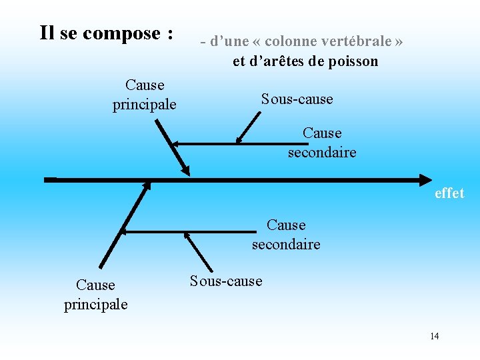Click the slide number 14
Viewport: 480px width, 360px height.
435,336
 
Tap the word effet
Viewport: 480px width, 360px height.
449,193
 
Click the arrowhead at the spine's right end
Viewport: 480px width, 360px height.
425,179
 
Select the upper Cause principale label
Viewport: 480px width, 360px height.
145,95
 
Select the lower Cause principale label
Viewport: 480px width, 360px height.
96,295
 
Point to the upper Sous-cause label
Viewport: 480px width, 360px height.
297,99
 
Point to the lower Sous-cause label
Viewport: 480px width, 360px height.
226,281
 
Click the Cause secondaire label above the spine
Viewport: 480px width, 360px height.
322,143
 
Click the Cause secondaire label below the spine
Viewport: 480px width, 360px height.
286,235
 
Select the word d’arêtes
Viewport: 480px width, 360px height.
274,61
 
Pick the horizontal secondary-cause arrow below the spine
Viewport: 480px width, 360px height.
187,231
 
